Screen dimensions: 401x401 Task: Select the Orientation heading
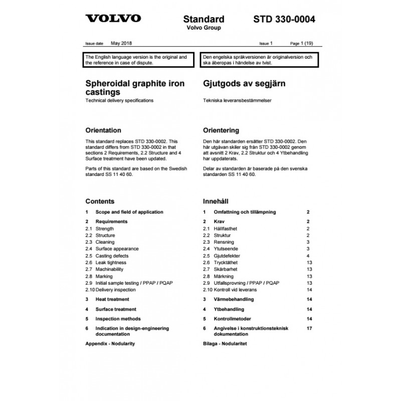pos(103,130)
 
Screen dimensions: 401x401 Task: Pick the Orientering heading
pos(221,130)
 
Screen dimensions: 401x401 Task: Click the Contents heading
pos(100,202)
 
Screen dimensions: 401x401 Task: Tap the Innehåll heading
pos(216,202)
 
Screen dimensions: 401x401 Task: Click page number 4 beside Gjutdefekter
pos(309,256)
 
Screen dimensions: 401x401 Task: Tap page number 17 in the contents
pos(309,328)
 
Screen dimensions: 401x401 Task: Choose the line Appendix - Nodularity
pos(110,344)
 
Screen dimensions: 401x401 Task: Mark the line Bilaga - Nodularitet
pos(225,344)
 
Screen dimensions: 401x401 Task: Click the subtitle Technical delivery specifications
pos(119,101)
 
